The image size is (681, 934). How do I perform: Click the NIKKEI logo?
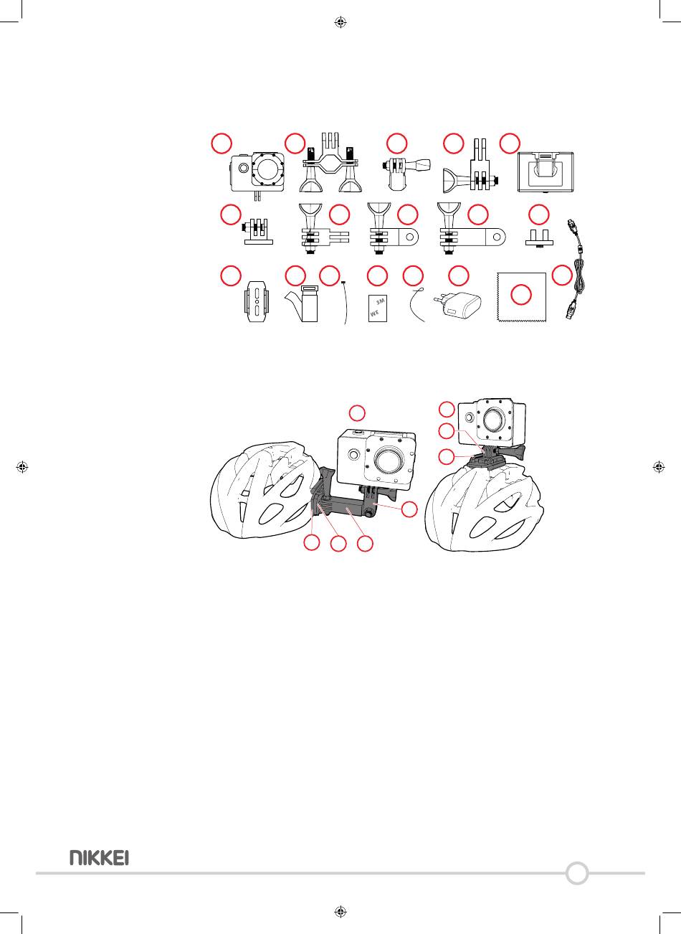(x=99, y=857)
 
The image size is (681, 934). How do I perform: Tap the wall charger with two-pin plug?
(x=458, y=307)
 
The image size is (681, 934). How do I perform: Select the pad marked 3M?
(x=378, y=308)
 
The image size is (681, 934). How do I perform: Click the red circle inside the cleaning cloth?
(x=521, y=296)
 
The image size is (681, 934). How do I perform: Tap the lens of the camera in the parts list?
(x=269, y=171)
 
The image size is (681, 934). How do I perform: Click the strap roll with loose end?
(x=303, y=302)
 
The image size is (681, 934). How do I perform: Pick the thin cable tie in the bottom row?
(x=344, y=302)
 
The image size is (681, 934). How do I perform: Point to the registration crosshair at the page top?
(x=340, y=22)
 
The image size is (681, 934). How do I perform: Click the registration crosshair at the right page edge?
(x=658, y=467)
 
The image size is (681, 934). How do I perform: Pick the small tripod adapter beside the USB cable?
(x=539, y=237)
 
